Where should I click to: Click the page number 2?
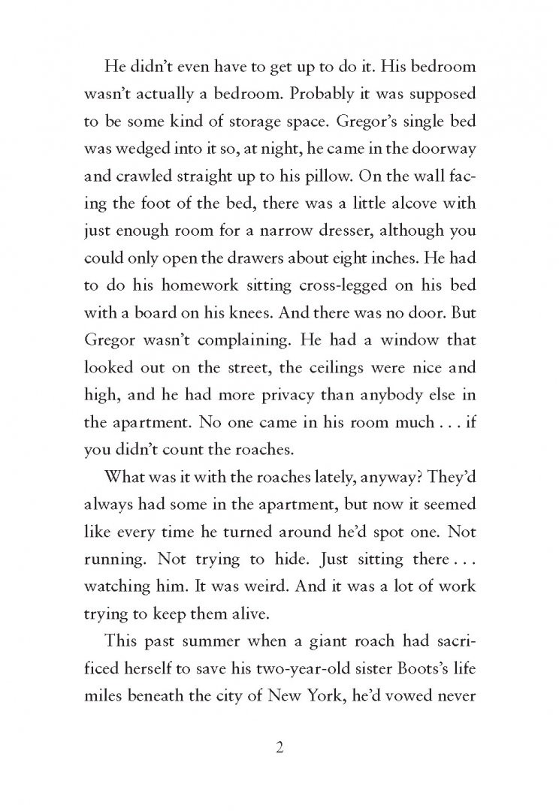coord(279,748)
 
